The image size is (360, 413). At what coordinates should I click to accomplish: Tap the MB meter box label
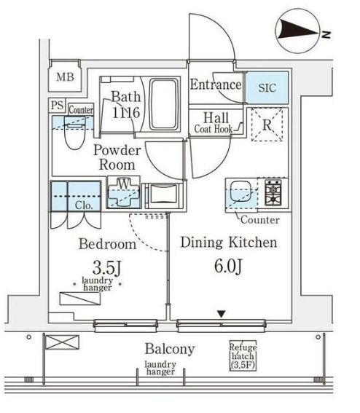tap(65, 77)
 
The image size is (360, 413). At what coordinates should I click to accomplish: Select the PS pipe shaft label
tap(57, 106)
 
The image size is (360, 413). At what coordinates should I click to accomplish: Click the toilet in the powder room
tap(75, 133)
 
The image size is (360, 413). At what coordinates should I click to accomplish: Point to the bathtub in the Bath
tap(163, 104)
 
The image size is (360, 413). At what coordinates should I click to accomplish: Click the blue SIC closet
tap(267, 87)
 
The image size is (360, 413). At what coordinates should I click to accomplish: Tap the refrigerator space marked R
tap(267, 125)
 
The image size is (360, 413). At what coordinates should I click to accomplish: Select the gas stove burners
tap(273, 192)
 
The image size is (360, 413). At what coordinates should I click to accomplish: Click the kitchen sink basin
tap(241, 191)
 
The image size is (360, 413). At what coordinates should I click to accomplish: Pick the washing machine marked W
tap(123, 192)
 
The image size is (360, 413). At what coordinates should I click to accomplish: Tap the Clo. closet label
tap(84, 205)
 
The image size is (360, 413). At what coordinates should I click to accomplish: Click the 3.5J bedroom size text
tap(107, 267)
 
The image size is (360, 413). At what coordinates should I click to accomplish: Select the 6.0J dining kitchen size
tap(228, 266)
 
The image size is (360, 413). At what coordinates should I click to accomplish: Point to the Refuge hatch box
tap(243, 355)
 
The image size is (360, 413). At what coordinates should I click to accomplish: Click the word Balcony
tap(170, 349)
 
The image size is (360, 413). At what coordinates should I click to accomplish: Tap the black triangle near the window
tap(222, 314)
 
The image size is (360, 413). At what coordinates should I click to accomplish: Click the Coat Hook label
tap(214, 129)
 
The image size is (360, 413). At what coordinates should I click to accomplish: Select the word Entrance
tap(216, 84)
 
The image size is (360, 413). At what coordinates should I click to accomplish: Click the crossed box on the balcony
tap(62, 342)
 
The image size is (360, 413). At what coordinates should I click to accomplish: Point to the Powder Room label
tap(117, 157)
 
